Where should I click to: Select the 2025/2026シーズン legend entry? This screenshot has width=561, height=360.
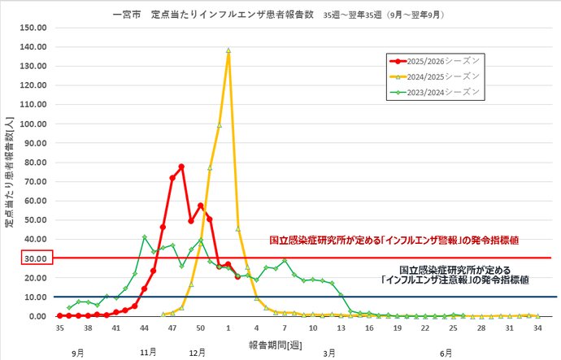[434, 60]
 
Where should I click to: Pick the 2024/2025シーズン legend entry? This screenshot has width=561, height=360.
[434, 76]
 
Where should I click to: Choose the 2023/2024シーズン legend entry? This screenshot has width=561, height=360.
[434, 91]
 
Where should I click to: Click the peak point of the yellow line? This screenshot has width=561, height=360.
[228, 50]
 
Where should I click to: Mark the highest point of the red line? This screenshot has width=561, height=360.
[181, 167]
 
